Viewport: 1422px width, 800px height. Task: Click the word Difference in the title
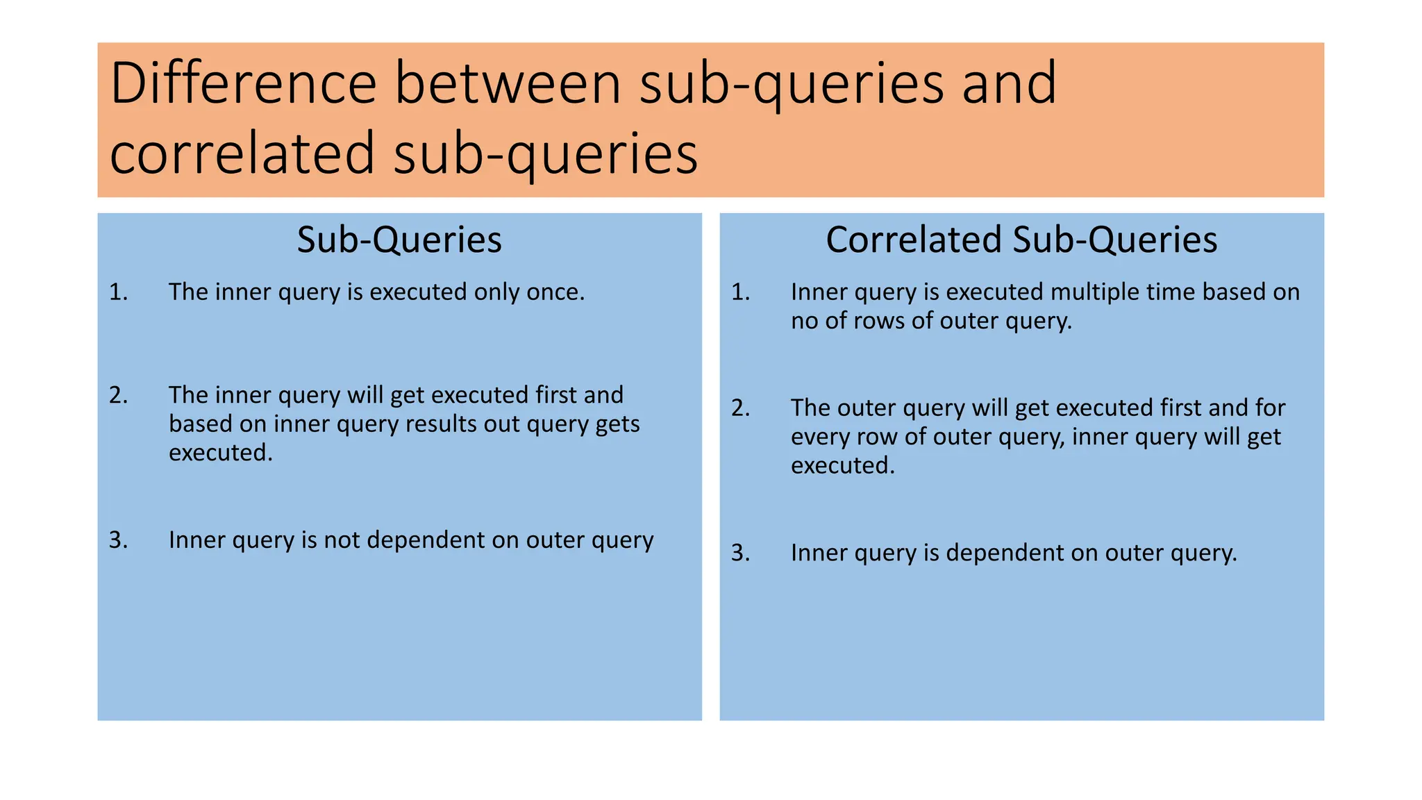(x=243, y=83)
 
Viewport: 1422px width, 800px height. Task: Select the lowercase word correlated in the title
(x=242, y=153)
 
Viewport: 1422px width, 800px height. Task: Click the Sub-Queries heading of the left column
(x=399, y=240)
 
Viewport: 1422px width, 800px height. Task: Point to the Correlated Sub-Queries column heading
(x=1021, y=240)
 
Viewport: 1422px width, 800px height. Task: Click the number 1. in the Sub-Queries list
(x=119, y=292)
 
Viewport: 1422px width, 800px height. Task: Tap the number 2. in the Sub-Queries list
(x=119, y=395)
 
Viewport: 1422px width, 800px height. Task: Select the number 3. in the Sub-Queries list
(x=119, y=540)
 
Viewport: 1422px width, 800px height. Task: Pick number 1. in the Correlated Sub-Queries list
(x=741, y=292)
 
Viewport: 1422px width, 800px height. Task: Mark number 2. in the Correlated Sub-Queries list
(x=741, y=408)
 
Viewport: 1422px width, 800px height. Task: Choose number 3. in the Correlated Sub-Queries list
(x=741, y=553)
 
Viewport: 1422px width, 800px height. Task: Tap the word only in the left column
(x=496, y=292)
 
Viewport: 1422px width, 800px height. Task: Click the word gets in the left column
(x=617, y=424)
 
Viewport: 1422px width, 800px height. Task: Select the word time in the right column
(x=1171, y=292)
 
